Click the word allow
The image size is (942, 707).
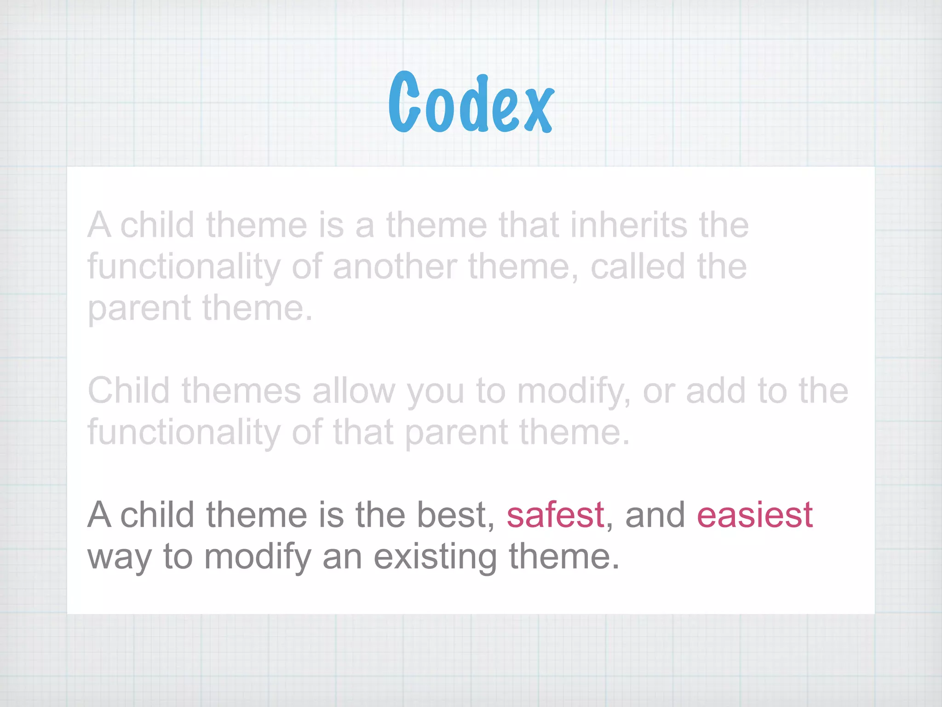353,391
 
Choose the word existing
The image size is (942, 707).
435,557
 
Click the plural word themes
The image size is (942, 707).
241,391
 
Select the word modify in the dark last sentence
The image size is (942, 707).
258,557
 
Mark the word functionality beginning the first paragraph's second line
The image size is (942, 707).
184,267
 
